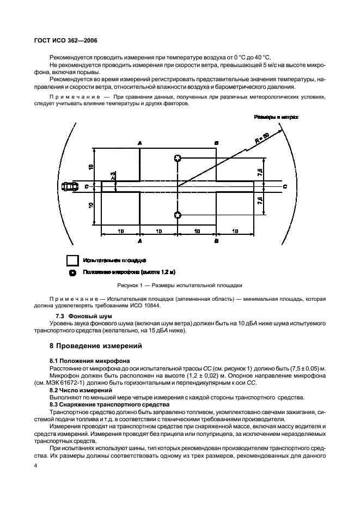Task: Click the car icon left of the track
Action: (x=68, y=186)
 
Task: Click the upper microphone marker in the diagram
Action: (x=178, y=159)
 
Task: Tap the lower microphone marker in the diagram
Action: (x=178, y=215)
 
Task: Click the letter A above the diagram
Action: (x=140, y=143)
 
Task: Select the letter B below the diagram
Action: (x=217, y=240)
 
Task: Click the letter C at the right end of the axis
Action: (x=285, y=186)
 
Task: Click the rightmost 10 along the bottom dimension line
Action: (x=235, y=231)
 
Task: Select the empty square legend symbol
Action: (x=72, y=260)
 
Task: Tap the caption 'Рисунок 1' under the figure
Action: (x=180, y=285)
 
